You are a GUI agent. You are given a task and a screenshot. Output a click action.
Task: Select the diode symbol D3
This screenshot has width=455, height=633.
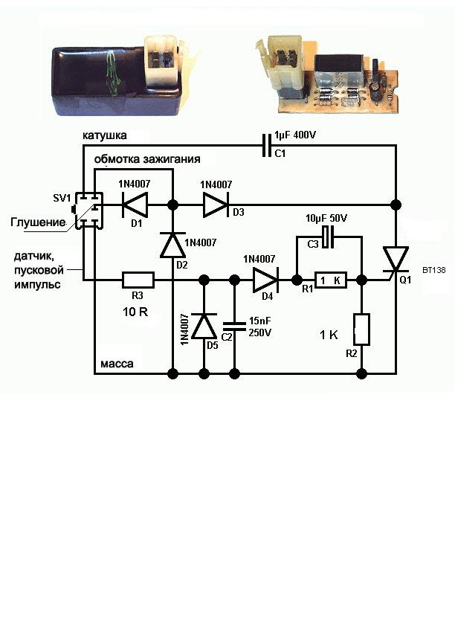point(216,205)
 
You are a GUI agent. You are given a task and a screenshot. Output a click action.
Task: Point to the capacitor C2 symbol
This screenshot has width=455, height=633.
point(235,325)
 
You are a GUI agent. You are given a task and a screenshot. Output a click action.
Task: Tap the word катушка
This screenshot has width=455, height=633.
point(105,136)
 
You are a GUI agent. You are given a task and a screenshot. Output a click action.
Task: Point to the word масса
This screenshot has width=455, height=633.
point(116,364)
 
